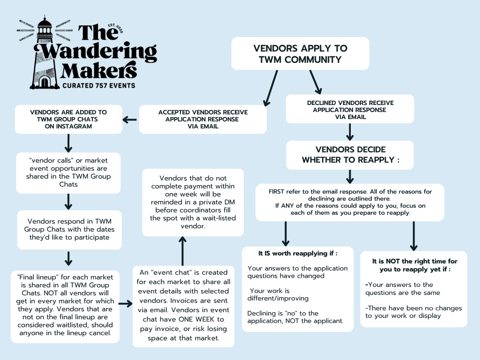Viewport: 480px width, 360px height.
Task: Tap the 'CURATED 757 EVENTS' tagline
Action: coord(99,85)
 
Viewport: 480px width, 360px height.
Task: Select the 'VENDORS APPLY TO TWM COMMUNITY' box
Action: coord(300,53)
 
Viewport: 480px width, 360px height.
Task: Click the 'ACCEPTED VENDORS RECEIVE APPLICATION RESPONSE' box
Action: coord(203,119)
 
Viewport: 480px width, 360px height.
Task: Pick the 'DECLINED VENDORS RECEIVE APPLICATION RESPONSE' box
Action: coord(350,110)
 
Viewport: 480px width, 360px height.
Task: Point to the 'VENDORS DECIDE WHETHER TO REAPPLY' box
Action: coord(350,155)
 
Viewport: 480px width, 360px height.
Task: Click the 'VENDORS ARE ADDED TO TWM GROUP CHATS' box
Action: coord(68,119)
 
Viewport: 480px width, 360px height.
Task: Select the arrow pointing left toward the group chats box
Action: coord(130,120)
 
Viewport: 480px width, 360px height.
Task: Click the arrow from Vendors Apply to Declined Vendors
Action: coord(315,82)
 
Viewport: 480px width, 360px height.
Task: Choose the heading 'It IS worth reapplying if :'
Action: coord(298,253)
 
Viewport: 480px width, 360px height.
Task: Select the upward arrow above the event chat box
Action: coord(182,250)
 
